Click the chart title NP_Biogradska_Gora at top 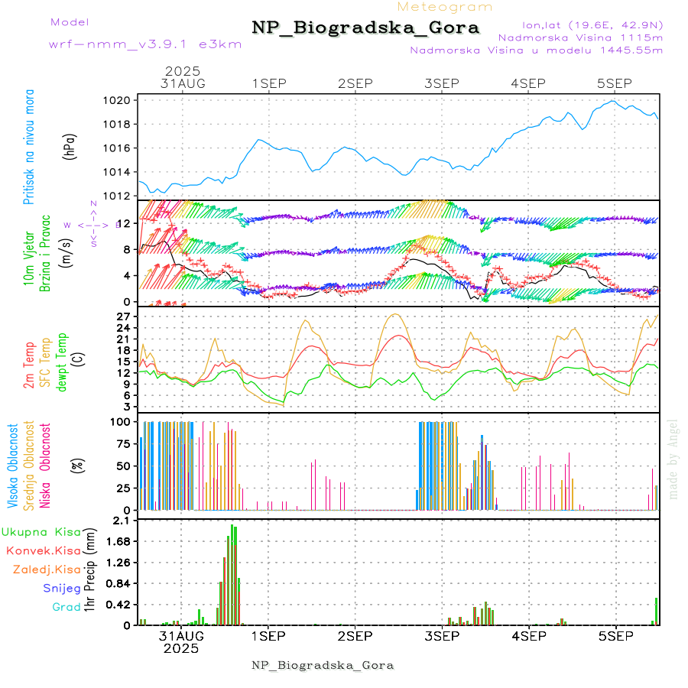pos(365,28)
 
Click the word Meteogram pos(445,7)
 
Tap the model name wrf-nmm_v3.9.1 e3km pos(145,44)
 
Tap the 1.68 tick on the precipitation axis pos(120,541)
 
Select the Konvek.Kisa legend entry pos(44,550)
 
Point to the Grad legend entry pos(67,607)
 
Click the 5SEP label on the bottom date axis pos(615,635)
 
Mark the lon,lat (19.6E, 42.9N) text pos(592,24)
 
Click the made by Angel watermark pos(673,459)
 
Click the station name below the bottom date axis pos(323,665)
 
